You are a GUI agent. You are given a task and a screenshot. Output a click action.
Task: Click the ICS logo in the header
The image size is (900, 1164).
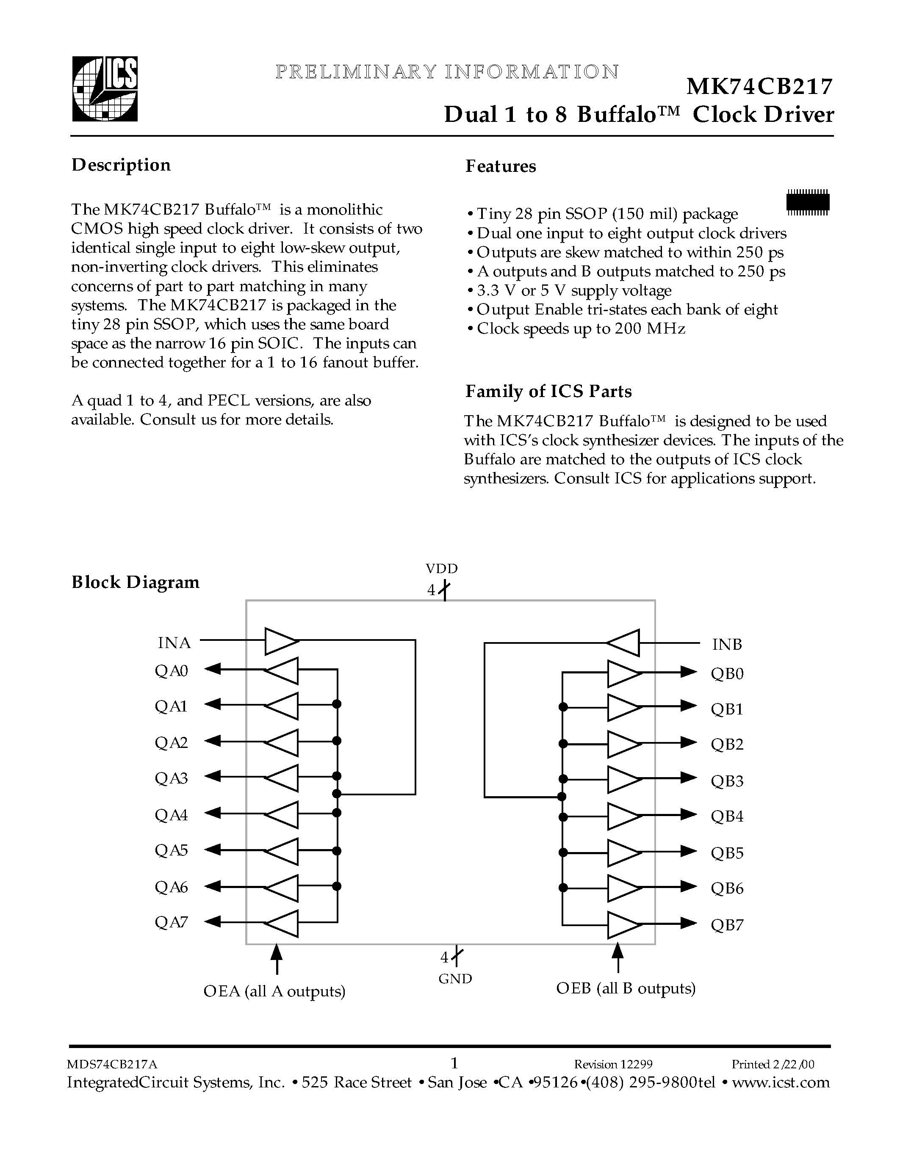(x=105, y=89)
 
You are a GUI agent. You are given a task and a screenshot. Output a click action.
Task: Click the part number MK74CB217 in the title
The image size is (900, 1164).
(x=759, y=87)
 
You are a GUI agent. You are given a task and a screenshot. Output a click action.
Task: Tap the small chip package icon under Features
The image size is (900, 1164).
(x=808, y=202)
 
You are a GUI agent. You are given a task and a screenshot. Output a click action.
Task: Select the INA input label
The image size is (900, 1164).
(x=174, y=643)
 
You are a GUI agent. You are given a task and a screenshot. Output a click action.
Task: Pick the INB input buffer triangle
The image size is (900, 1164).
(x=624, y=643)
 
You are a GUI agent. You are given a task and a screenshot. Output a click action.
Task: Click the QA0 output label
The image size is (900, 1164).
(x=171, y=670)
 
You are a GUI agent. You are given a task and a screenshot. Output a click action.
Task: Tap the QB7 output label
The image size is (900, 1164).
(x=727, y=925)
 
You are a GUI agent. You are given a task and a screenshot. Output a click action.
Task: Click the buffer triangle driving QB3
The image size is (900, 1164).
(x=623, y=780)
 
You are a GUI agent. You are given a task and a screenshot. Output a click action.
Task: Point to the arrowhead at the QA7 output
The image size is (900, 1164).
(x=213, y=921)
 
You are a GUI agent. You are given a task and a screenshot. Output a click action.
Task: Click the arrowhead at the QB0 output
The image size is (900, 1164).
(x=688, y=672)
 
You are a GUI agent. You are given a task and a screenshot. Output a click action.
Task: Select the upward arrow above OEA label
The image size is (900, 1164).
(x=276, y=958)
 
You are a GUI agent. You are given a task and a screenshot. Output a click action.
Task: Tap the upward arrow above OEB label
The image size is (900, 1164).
(x=618, y=957)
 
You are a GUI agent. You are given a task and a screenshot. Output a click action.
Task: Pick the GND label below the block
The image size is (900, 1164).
(x=455, y=979)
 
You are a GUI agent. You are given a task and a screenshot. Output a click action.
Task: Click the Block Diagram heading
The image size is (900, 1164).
(x=136, y=582)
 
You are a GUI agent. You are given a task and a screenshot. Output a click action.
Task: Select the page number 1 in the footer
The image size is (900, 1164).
(x=454, y=1063)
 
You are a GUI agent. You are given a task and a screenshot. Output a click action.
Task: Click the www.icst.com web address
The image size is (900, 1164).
(x=781, y=1082)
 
